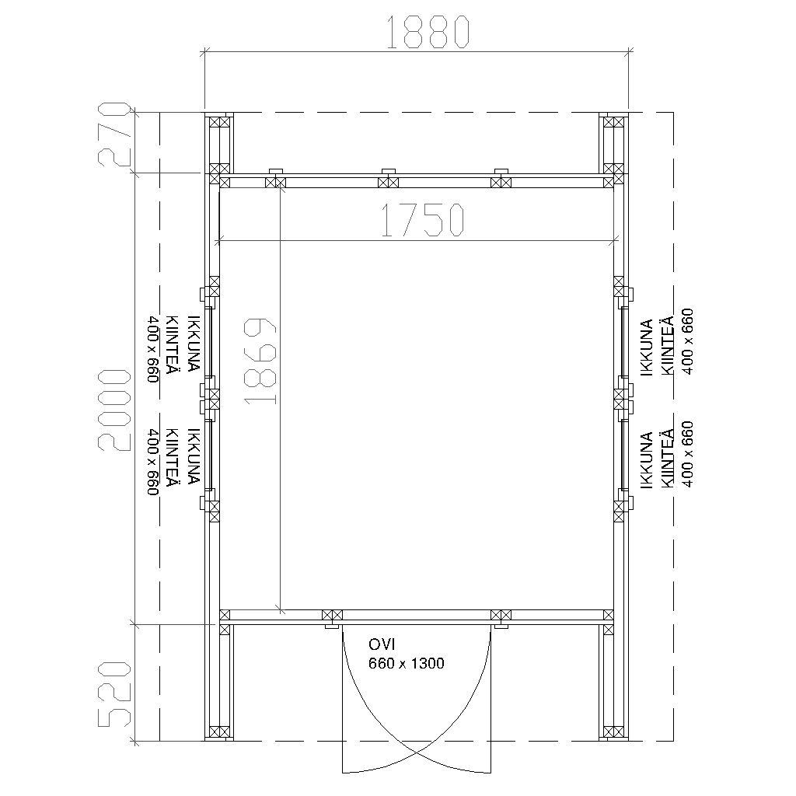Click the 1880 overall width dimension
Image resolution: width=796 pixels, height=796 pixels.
pos(428,32)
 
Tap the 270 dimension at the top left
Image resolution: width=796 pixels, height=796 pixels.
pos(114,134)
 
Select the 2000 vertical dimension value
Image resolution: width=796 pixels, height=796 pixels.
pos(114,410)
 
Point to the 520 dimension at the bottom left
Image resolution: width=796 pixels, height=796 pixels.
pos(114,694)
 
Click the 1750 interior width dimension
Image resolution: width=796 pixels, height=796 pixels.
pos(422,220)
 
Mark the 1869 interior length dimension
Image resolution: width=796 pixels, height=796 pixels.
pos(260,361)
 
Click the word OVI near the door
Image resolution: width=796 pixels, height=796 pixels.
pos(382,644)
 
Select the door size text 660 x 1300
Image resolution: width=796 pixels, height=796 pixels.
pos(406,664)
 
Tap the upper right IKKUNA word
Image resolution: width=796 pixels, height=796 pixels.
pos(646,347)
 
